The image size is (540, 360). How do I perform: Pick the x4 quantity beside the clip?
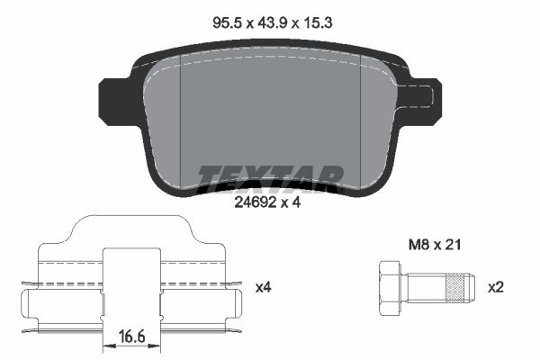263,288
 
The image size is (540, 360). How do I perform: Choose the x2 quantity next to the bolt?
496,288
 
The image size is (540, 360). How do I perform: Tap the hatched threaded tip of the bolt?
459,288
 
